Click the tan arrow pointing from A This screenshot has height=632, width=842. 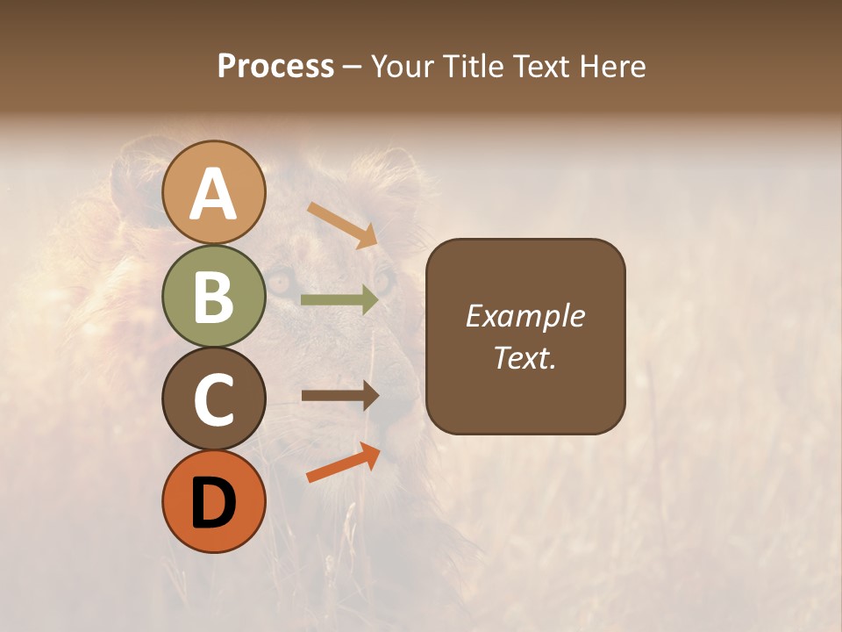coord(343,224)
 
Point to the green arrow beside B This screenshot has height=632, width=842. coord(339,300)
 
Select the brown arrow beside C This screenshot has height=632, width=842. coord(339,396)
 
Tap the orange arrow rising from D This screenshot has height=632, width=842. coord(343,463)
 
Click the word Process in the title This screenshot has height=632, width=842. coord(275,67)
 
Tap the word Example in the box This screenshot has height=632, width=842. coord(525,316)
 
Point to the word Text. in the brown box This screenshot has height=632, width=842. coord(525,358)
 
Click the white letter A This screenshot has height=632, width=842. coord(214,195)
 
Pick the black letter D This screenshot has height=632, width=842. coord(214,502)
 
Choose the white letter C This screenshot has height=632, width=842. coord(214,400)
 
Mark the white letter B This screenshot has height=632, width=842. coord(214,298)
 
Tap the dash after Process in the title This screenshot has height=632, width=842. coord(353,68)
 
